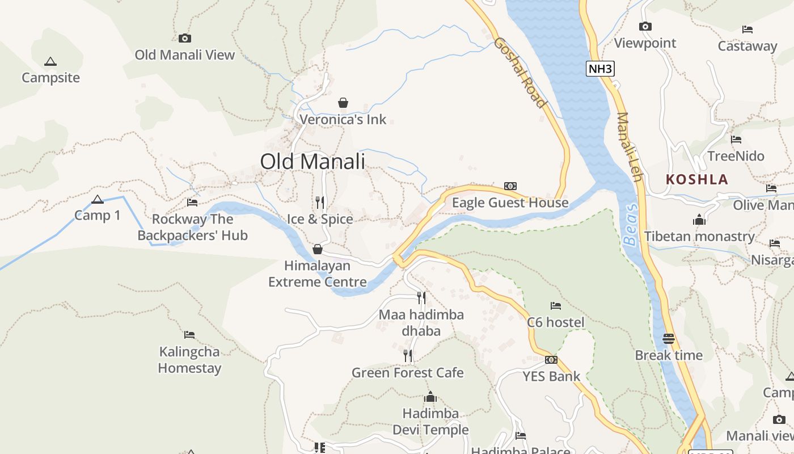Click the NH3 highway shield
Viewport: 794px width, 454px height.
coord(600,69)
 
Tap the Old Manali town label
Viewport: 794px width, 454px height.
coord(312,162)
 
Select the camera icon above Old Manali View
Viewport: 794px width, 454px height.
coord(184,39)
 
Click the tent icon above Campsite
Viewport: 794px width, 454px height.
coord(50,61)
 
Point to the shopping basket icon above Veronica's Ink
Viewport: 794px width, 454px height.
coord(343,103)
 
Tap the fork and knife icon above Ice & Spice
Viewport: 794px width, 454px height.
coord(320,202)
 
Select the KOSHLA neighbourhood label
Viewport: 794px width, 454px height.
coord(696,180)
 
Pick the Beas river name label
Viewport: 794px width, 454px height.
coord(631,225)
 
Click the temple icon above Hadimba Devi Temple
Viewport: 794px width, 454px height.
coord(430,397)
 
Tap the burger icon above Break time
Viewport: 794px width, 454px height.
coord(669,339)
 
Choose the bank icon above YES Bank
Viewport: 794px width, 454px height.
coord(551,360)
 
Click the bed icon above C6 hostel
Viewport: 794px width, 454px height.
coord(555,306)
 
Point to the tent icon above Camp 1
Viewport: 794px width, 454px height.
coord(98,199)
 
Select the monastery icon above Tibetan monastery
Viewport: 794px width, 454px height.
coord(699,220)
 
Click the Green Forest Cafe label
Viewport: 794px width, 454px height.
coord(407,373)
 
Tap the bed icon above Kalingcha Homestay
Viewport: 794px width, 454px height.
coord(189,335)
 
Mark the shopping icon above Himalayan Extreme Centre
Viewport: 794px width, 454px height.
coord(318,249)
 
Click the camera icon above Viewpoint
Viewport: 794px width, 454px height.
coord(645,27)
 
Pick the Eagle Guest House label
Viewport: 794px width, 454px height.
coord(510,203)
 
